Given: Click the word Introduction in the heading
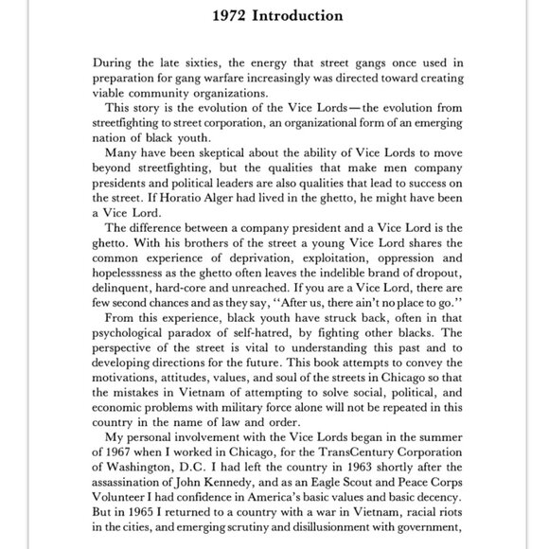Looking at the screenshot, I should [296, 16].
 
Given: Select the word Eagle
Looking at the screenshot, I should [332, 494].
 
